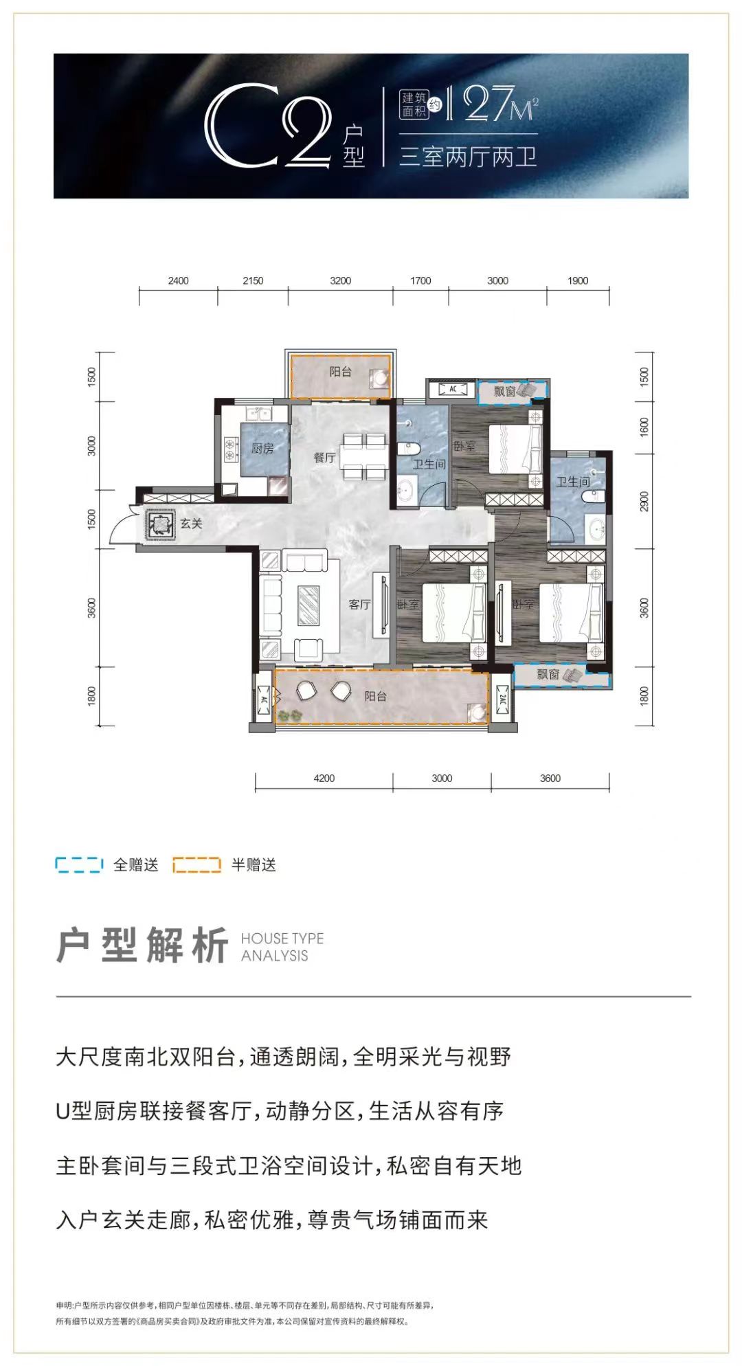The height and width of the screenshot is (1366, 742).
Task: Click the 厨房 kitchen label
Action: pos(262,449)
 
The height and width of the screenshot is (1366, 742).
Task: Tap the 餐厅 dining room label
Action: pos(324,457)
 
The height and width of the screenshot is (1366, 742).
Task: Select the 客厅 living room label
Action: pos(359,605)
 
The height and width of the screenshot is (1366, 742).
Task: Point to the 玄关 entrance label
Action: pos(192,524)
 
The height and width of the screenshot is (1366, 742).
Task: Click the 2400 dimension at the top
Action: pos(178,280)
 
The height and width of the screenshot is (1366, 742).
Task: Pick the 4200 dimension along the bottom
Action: pos(324,778)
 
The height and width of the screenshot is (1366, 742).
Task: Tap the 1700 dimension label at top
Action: pos(420,280)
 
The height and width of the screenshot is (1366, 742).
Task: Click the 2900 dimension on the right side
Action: pos(644,501)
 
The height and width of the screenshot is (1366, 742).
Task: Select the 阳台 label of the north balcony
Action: pos(340,372)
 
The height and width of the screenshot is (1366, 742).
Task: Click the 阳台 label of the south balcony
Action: pos(375,696)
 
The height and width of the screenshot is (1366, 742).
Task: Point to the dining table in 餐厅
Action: pos(356,456)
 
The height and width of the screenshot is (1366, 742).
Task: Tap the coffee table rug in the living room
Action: pos(308,605)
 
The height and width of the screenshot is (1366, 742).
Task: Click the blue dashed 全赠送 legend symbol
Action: pos(79,864)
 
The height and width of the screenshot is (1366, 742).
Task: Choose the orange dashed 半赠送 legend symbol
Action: pos(196,864)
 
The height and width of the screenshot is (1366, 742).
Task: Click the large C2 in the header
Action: pos(268,127)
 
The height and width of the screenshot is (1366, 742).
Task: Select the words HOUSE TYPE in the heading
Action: pos(282,939)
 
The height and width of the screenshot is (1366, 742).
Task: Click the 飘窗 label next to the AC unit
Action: pos(504,391)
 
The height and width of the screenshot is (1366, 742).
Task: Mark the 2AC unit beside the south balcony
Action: pos(502,702)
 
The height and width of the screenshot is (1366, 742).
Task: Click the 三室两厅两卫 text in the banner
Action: pos(467,157)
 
